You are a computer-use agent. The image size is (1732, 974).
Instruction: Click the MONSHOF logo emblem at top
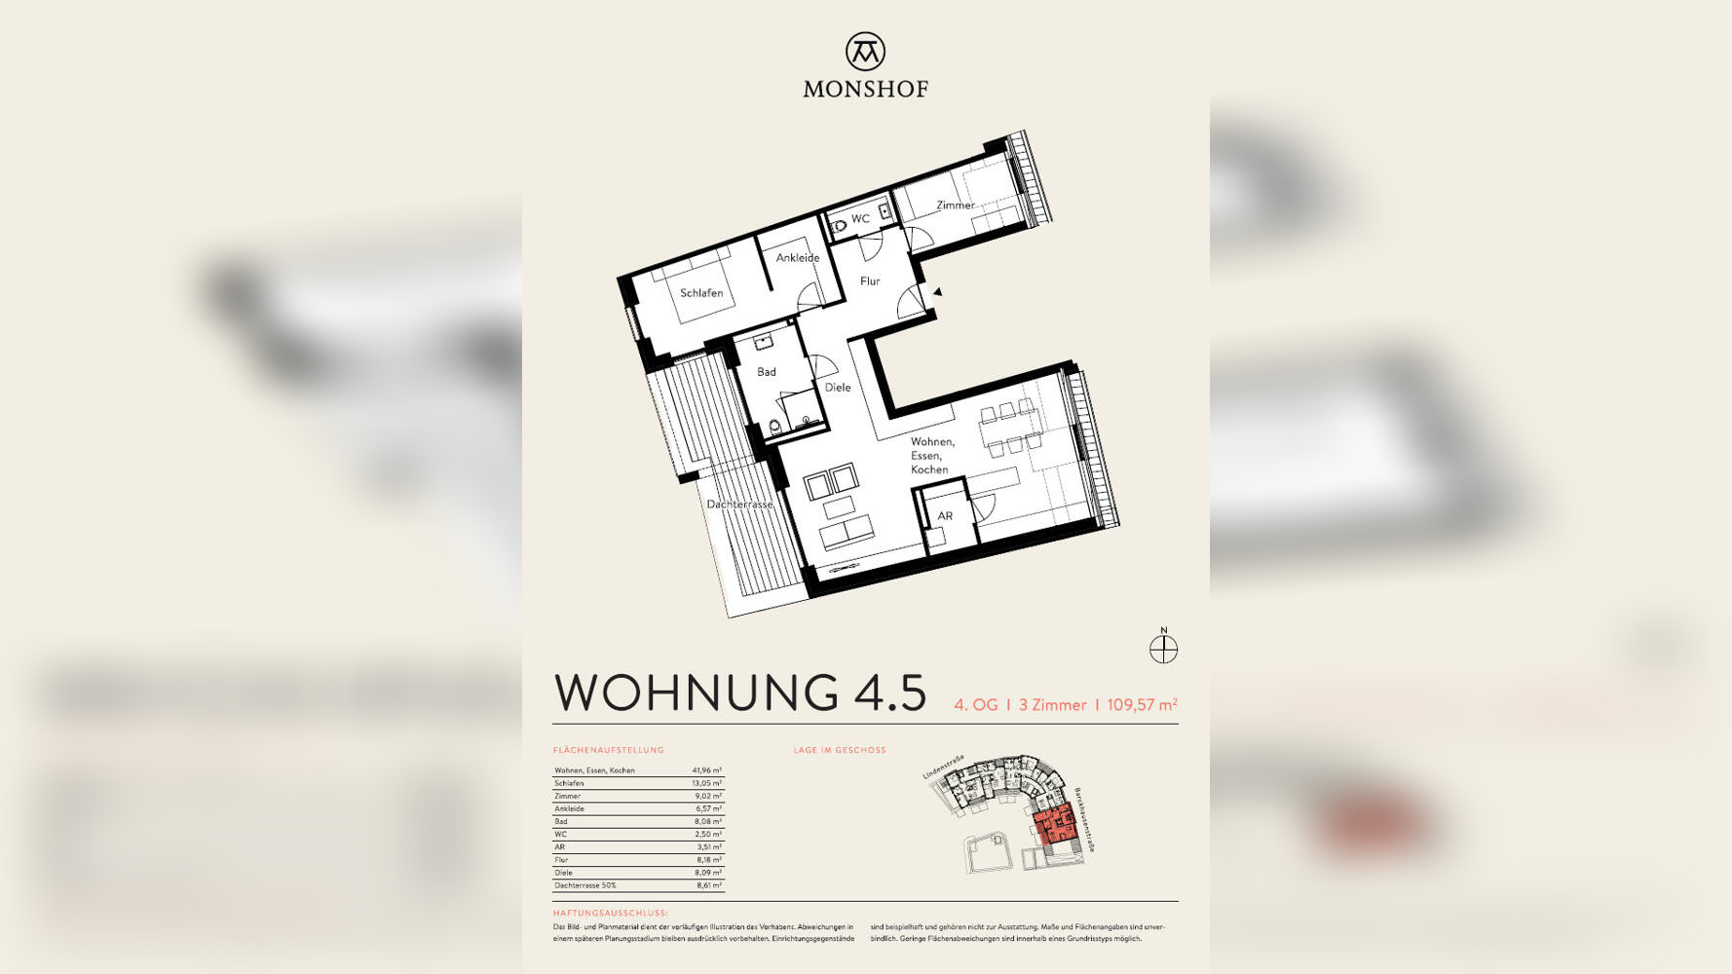tap(865, 52)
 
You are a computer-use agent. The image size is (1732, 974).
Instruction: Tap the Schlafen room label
tap(701, 293)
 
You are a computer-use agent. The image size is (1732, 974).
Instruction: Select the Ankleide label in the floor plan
tap(798, 258)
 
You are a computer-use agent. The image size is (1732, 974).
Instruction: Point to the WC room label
tap(860, 219)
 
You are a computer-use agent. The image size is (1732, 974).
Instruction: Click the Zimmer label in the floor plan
tap(955, 206)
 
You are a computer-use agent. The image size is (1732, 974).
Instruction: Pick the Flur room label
tap(870, 281)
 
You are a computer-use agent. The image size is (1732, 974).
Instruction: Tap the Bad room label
tap(767, 372)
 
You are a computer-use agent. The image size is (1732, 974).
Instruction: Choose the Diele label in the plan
tap(838, 388)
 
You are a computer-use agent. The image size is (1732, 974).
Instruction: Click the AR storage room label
tap(945, 516)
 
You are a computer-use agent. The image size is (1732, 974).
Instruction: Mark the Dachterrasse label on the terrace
tap(740, 505)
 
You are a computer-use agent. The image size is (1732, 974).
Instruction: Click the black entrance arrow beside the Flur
tap(937, 291)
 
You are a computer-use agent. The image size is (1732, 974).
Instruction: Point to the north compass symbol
tap(1163, 649)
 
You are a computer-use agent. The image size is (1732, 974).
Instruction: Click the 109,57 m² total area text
tap(1142, 704)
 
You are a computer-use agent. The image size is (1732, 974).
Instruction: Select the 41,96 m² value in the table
tap(707, 770)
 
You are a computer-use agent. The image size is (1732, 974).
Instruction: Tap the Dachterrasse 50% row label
tap(585, 885)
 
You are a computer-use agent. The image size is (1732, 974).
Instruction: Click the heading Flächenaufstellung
tap(609, 750)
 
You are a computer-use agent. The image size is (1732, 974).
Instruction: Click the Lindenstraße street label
tap(943, 768)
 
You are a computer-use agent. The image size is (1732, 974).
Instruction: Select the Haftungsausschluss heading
tap(611, 914)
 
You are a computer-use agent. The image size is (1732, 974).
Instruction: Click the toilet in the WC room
tap(840, 227)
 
